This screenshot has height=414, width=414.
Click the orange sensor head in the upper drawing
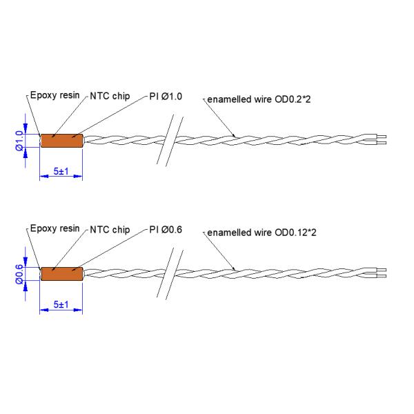[x=61, y=140]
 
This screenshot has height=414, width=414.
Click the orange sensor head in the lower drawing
[x=61, y=273]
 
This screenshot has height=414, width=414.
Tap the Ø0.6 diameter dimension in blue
[x=19, y=273]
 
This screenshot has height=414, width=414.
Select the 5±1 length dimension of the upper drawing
[x=61, y=170]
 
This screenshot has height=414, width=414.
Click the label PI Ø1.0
[x=166, y=97]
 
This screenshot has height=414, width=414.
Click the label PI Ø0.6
[x=166, y=230]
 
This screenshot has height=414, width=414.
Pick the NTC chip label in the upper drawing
[x=110, y=97]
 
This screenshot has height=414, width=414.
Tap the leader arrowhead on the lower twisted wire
[x=236, y=268]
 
